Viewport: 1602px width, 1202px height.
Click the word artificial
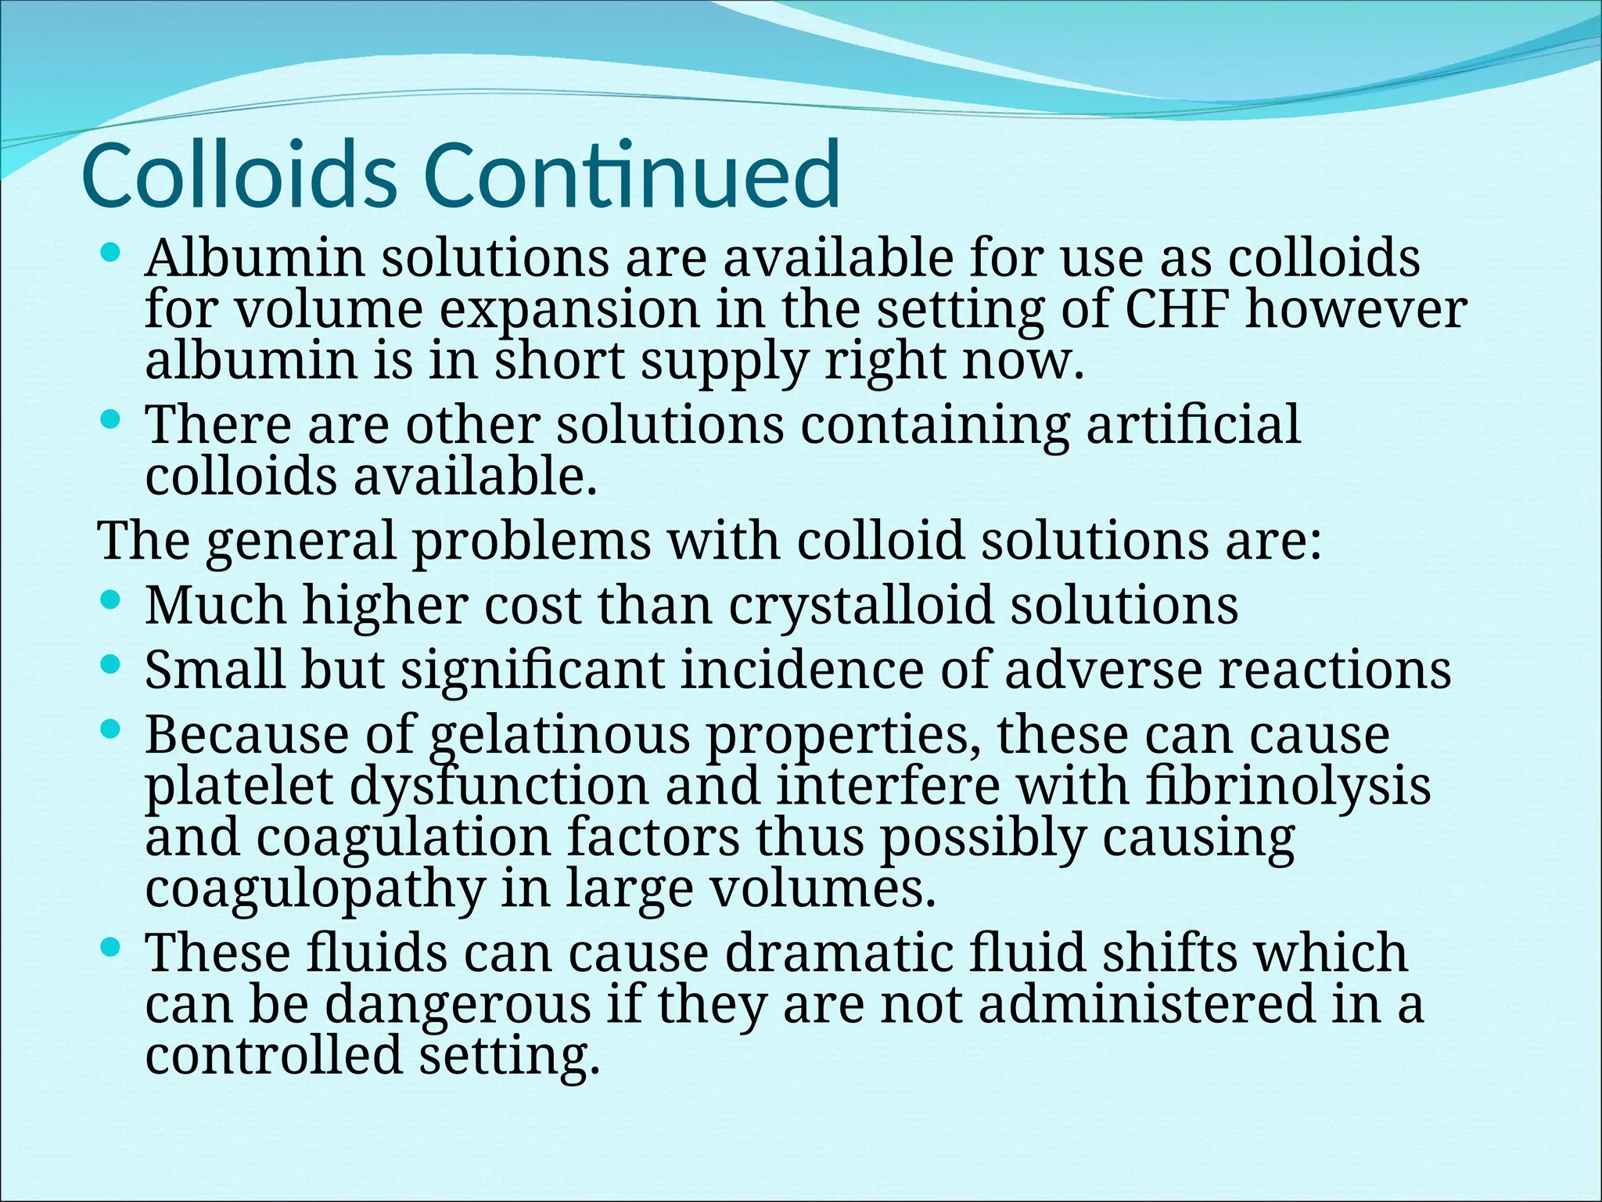(1193, 424)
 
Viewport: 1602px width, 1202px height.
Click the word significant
(532, 671)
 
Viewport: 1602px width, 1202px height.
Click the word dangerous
(458, 1003)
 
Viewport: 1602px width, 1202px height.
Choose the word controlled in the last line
(274, 1054)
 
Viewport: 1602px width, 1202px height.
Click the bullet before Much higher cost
(111, 601)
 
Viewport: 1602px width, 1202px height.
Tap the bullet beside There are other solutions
(111, 420)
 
